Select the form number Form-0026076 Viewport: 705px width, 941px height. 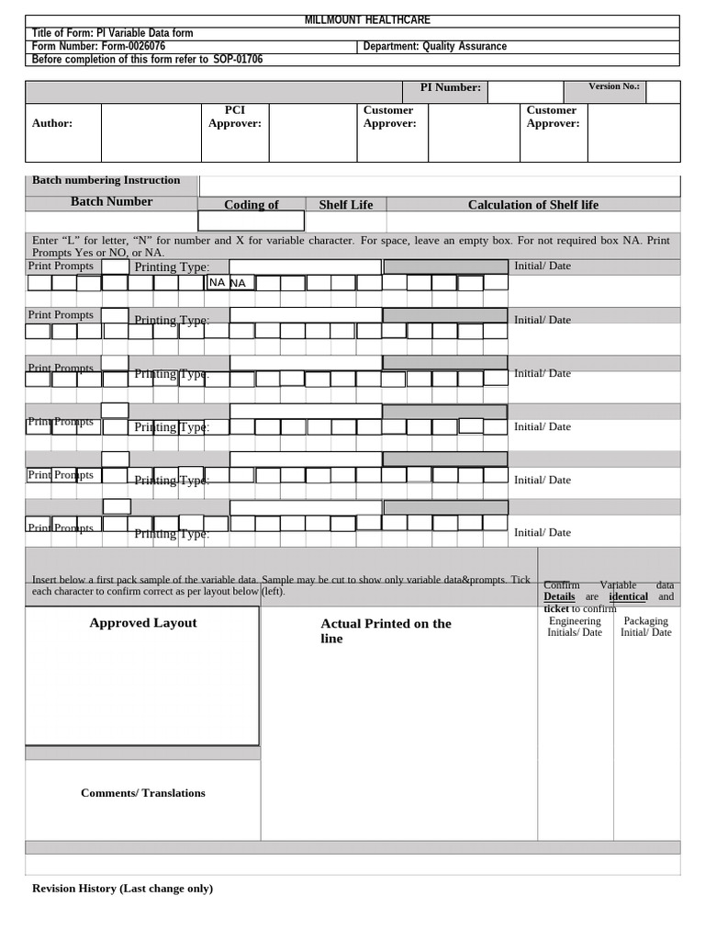click(98, 46)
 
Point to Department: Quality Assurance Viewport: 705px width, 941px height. click(434, 46)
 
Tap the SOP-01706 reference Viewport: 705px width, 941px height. click(238, 60)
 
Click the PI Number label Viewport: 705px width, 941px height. click(450, 88)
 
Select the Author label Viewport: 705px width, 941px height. click(52, 123)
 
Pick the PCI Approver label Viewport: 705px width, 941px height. click(234, 117)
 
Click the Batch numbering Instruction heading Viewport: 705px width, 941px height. click(106, 181)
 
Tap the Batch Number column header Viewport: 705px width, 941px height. click(111, 202)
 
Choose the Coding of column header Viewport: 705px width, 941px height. click(251, 205)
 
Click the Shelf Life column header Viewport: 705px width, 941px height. click(345, 205)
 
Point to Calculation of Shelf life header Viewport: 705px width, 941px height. click(532, 205)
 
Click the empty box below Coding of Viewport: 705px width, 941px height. click(251, 221)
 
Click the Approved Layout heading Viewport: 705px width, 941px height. click(142, 623)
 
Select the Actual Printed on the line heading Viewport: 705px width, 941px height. click(386, 630)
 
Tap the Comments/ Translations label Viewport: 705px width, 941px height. click(142, 793)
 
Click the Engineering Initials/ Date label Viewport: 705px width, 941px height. click(575, 627)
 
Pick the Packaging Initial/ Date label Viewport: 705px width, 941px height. click(645, 627)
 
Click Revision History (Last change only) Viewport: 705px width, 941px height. click(122, 889)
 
